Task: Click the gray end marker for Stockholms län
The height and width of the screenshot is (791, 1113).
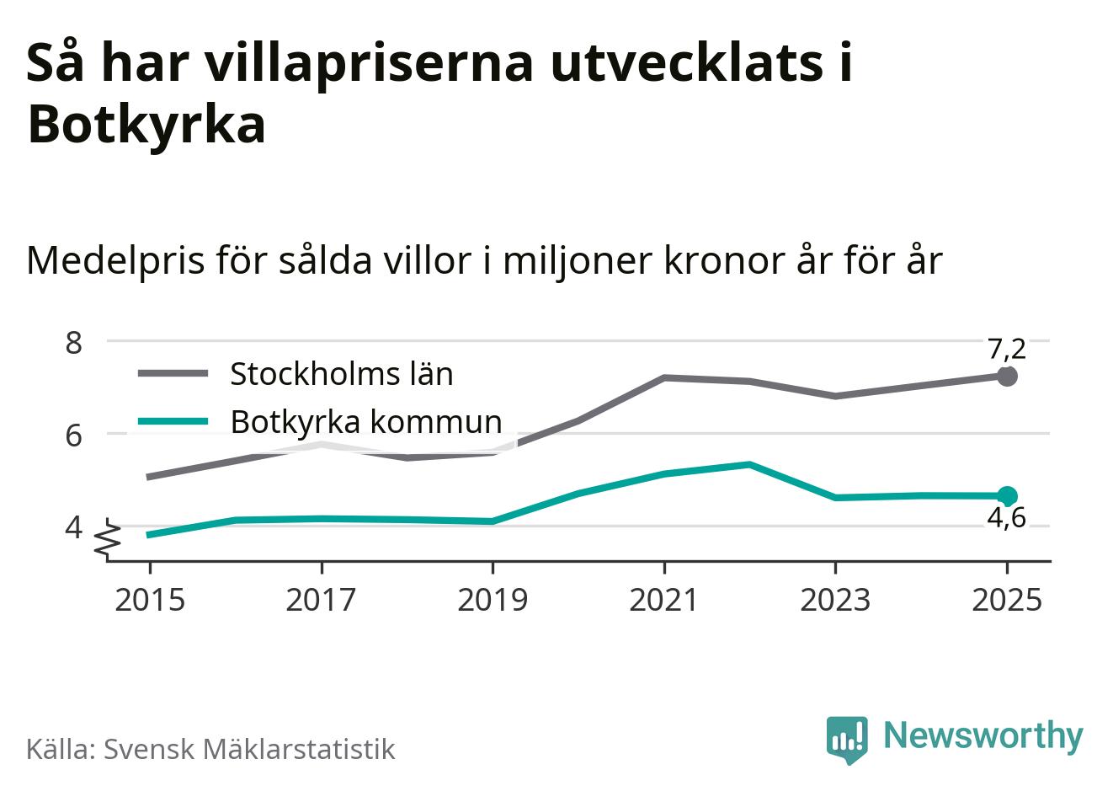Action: point(1007,377)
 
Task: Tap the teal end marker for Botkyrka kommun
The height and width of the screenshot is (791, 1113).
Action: point(1007,496)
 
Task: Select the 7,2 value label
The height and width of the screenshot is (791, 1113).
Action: point(1007,348)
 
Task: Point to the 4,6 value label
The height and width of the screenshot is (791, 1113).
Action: point(1006,518)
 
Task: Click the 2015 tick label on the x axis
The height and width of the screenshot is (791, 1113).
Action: point(149,600)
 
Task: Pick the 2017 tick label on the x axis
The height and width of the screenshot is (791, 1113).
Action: point(321,600)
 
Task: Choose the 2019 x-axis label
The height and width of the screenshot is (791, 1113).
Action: point(493,600)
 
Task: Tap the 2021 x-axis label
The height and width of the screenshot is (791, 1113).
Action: point(664,600)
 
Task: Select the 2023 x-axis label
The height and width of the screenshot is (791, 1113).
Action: point(835,600)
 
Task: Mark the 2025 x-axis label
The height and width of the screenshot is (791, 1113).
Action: point(1007,600)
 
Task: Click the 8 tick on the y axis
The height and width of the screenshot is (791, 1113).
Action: point(73,343)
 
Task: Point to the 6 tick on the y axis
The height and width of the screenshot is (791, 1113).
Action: point(73,435)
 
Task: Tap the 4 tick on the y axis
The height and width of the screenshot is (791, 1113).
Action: point(73,527)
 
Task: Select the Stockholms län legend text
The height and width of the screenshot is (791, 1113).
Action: point(342,373)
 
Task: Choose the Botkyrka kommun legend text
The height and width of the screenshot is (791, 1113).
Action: point(366,420)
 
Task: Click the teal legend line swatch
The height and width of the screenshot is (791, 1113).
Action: point(173,420)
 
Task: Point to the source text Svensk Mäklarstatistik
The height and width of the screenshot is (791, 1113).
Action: point(249,749)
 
